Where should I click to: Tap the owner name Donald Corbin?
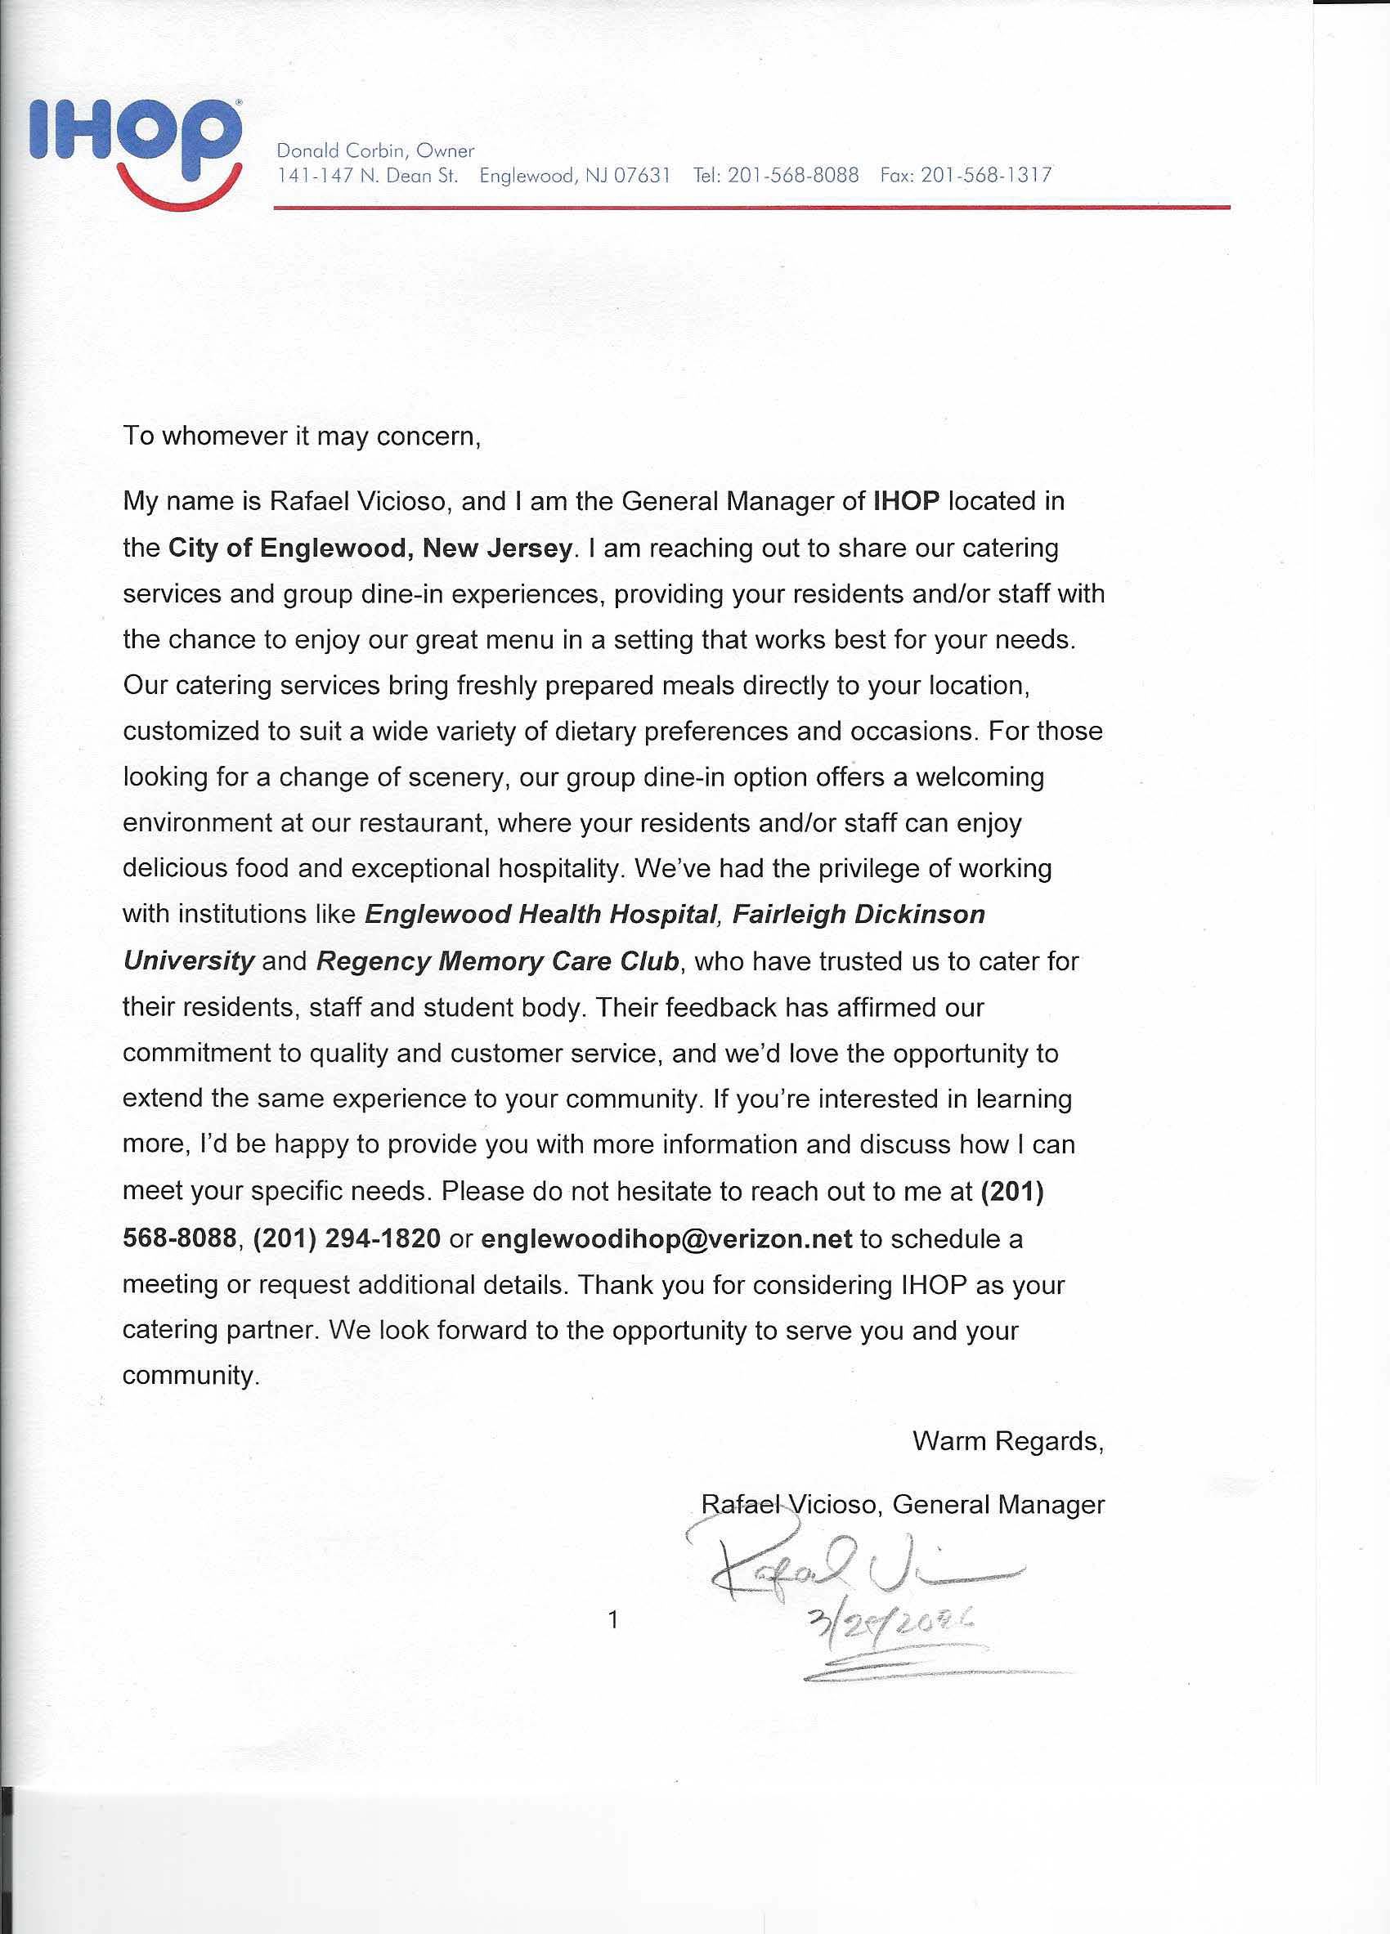click(x=340, y=151)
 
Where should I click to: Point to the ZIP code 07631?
click(x=642, y=176)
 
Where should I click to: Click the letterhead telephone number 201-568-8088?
click(x=793, y=176)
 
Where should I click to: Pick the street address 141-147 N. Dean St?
click(x=368, y=176)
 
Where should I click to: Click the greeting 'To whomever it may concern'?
click(x=302, y=436)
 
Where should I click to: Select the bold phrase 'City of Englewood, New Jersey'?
click(x=370, y=548)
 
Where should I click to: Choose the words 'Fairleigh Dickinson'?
click(x=859, y=914)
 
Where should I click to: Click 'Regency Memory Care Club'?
click(x=497, y=961)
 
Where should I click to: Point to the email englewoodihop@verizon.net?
click(x=666, y=1239)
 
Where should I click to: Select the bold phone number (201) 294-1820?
click(x=347, y=1239)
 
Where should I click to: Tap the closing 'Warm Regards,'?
click(x=1008, y=1441)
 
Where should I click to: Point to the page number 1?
click(x=612, y=1619)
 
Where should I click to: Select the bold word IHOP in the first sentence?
click(x=906, y=501)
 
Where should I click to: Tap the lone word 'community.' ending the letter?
click(x=191, y=1376)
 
